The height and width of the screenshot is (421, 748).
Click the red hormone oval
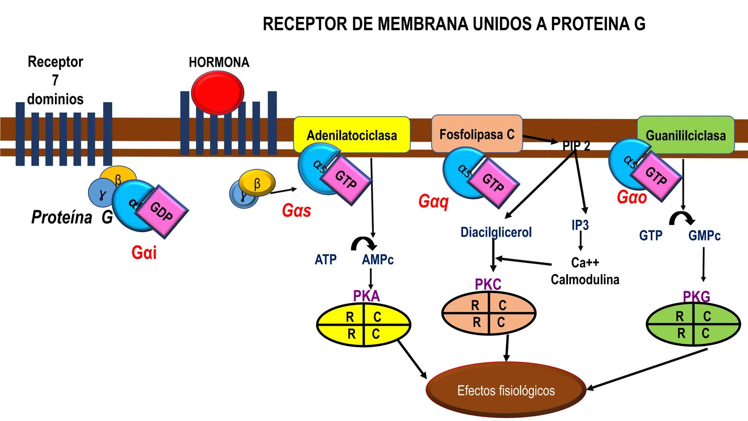[x=218, y=93]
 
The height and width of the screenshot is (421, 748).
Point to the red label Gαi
[x=144, y=253]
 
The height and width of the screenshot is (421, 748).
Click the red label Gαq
[x=433, y=202]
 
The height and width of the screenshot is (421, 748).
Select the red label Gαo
[x=632, y=197]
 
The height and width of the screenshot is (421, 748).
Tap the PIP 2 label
[x=576, y=146]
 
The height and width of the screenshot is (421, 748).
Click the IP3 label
[x=580, y=225]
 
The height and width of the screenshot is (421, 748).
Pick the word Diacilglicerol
[x=496, y=232]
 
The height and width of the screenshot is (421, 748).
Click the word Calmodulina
[x=585, y=279]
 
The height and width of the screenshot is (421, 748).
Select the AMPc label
[x=378, y=260]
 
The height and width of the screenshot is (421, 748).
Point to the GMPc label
[x=704, y=235]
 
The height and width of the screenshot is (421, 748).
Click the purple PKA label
[x=366, y=296]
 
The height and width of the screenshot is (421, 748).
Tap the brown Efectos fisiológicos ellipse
[x=506, y=390]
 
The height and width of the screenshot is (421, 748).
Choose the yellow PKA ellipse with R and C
[x=363, y=325]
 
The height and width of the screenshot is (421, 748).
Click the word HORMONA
[x=219, y=62]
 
